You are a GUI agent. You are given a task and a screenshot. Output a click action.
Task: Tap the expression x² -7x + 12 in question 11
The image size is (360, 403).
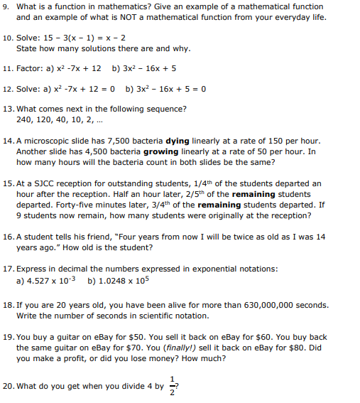tap(75, 69)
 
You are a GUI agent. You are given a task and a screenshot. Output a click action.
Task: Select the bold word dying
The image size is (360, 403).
tap(178, 141)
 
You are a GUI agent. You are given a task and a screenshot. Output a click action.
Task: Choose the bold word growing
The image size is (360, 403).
tap(160, 151)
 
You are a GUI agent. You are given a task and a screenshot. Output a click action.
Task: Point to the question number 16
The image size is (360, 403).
tap(8, 237)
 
